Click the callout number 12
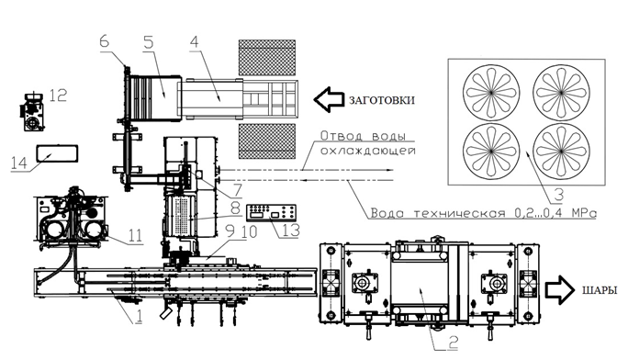[59, 95]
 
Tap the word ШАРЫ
[597, 291]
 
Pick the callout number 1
[139, 319]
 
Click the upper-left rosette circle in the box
[491, 92]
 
